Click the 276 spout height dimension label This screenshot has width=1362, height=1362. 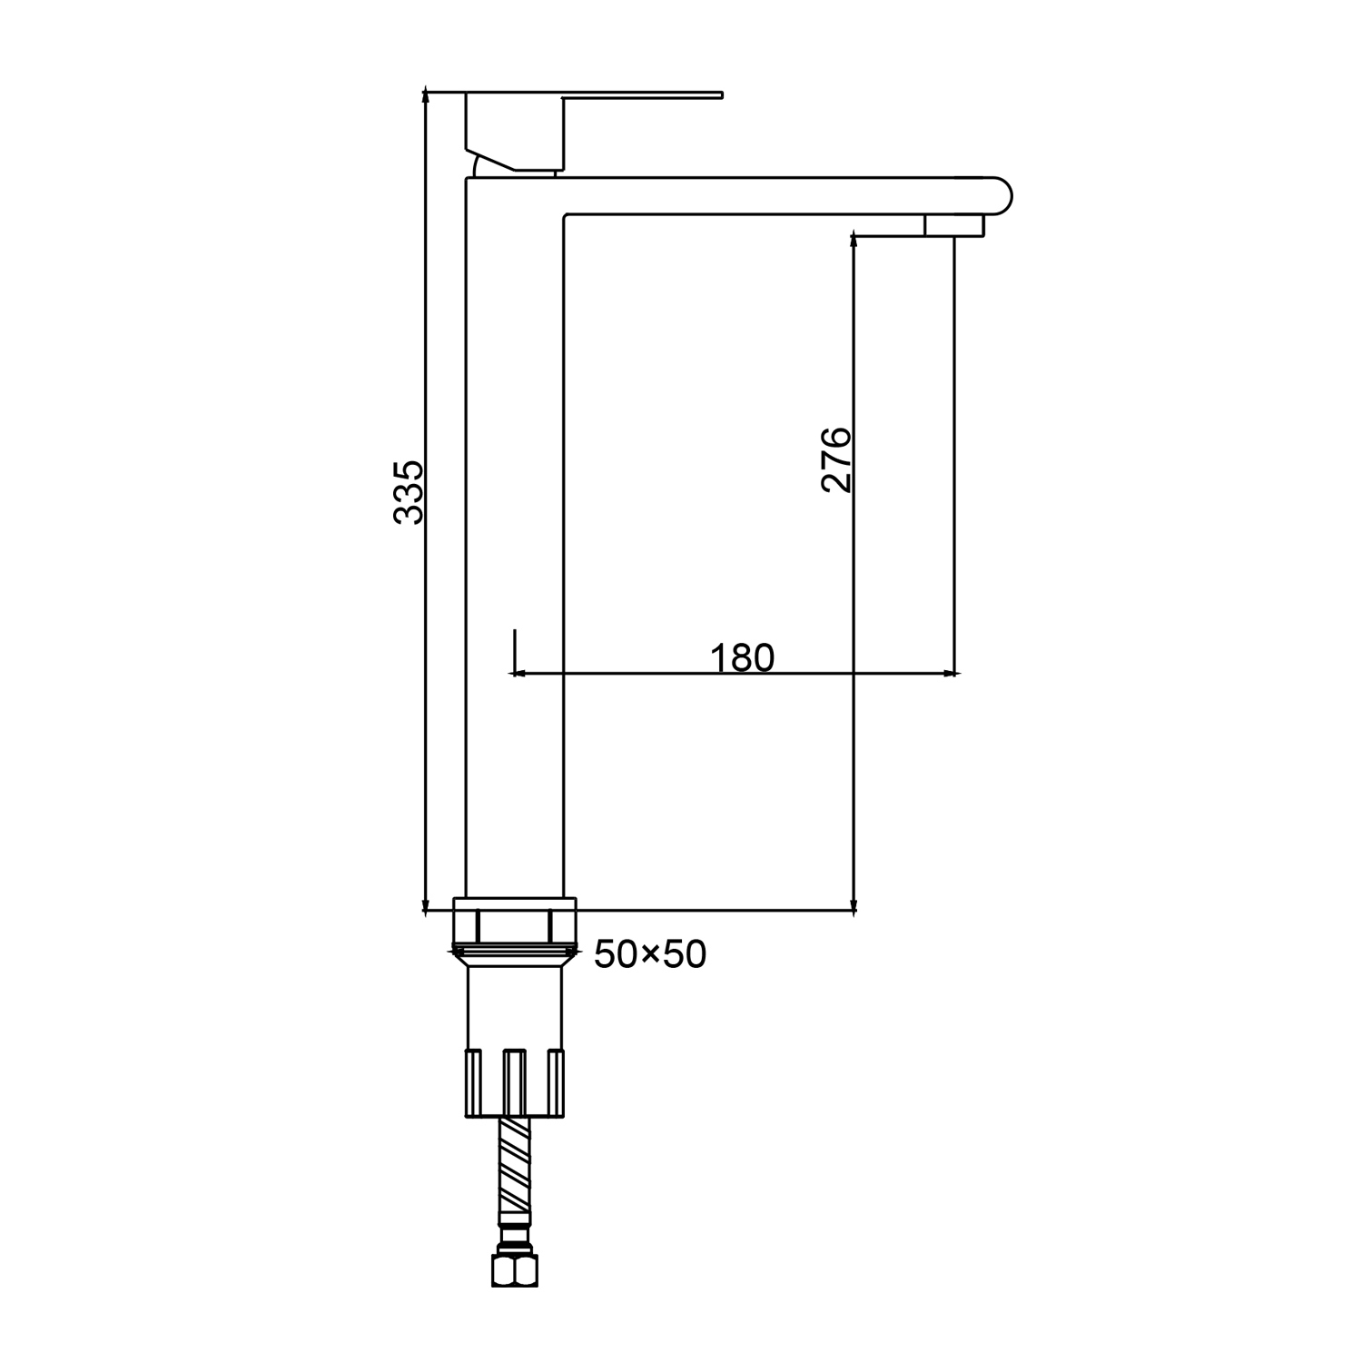[x=836, y=459]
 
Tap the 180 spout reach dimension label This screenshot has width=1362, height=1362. [x=742, y=657]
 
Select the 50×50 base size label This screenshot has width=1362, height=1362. [x=650, y=954]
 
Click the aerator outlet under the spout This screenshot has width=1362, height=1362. [x=953, y=225]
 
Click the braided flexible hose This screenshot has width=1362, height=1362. [x=515, y=1171]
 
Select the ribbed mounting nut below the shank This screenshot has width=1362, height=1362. [x=515, y=1082]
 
